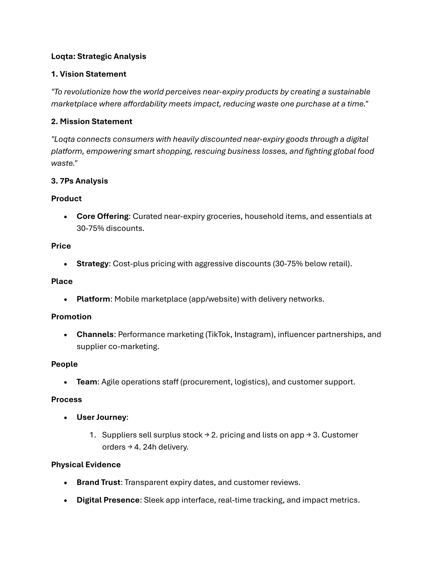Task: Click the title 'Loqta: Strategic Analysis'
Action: (99, 57)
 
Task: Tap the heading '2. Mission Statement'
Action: (92, 122)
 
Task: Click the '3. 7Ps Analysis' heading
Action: (79, 181)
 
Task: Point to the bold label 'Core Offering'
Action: (102, 216)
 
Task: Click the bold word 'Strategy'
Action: (93, 264)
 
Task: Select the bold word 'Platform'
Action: (93, 299)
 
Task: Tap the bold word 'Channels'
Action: (95, 334)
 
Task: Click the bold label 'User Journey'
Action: (101, 417)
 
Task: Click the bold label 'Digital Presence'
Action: (108, 500)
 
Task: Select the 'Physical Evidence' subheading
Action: (86, 465)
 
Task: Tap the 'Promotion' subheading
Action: (71, 317)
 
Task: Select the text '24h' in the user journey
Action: (150, 447)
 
